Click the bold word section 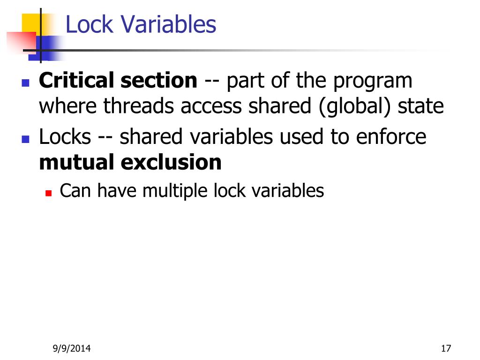[159, 81]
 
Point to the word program [373, 82]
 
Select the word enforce [391, 137]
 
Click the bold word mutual [76, 162]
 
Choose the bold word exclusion [171, 162]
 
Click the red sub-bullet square [48, 192]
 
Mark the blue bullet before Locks [26, 139]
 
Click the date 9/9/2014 [72, 348]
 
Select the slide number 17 [445, 348]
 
